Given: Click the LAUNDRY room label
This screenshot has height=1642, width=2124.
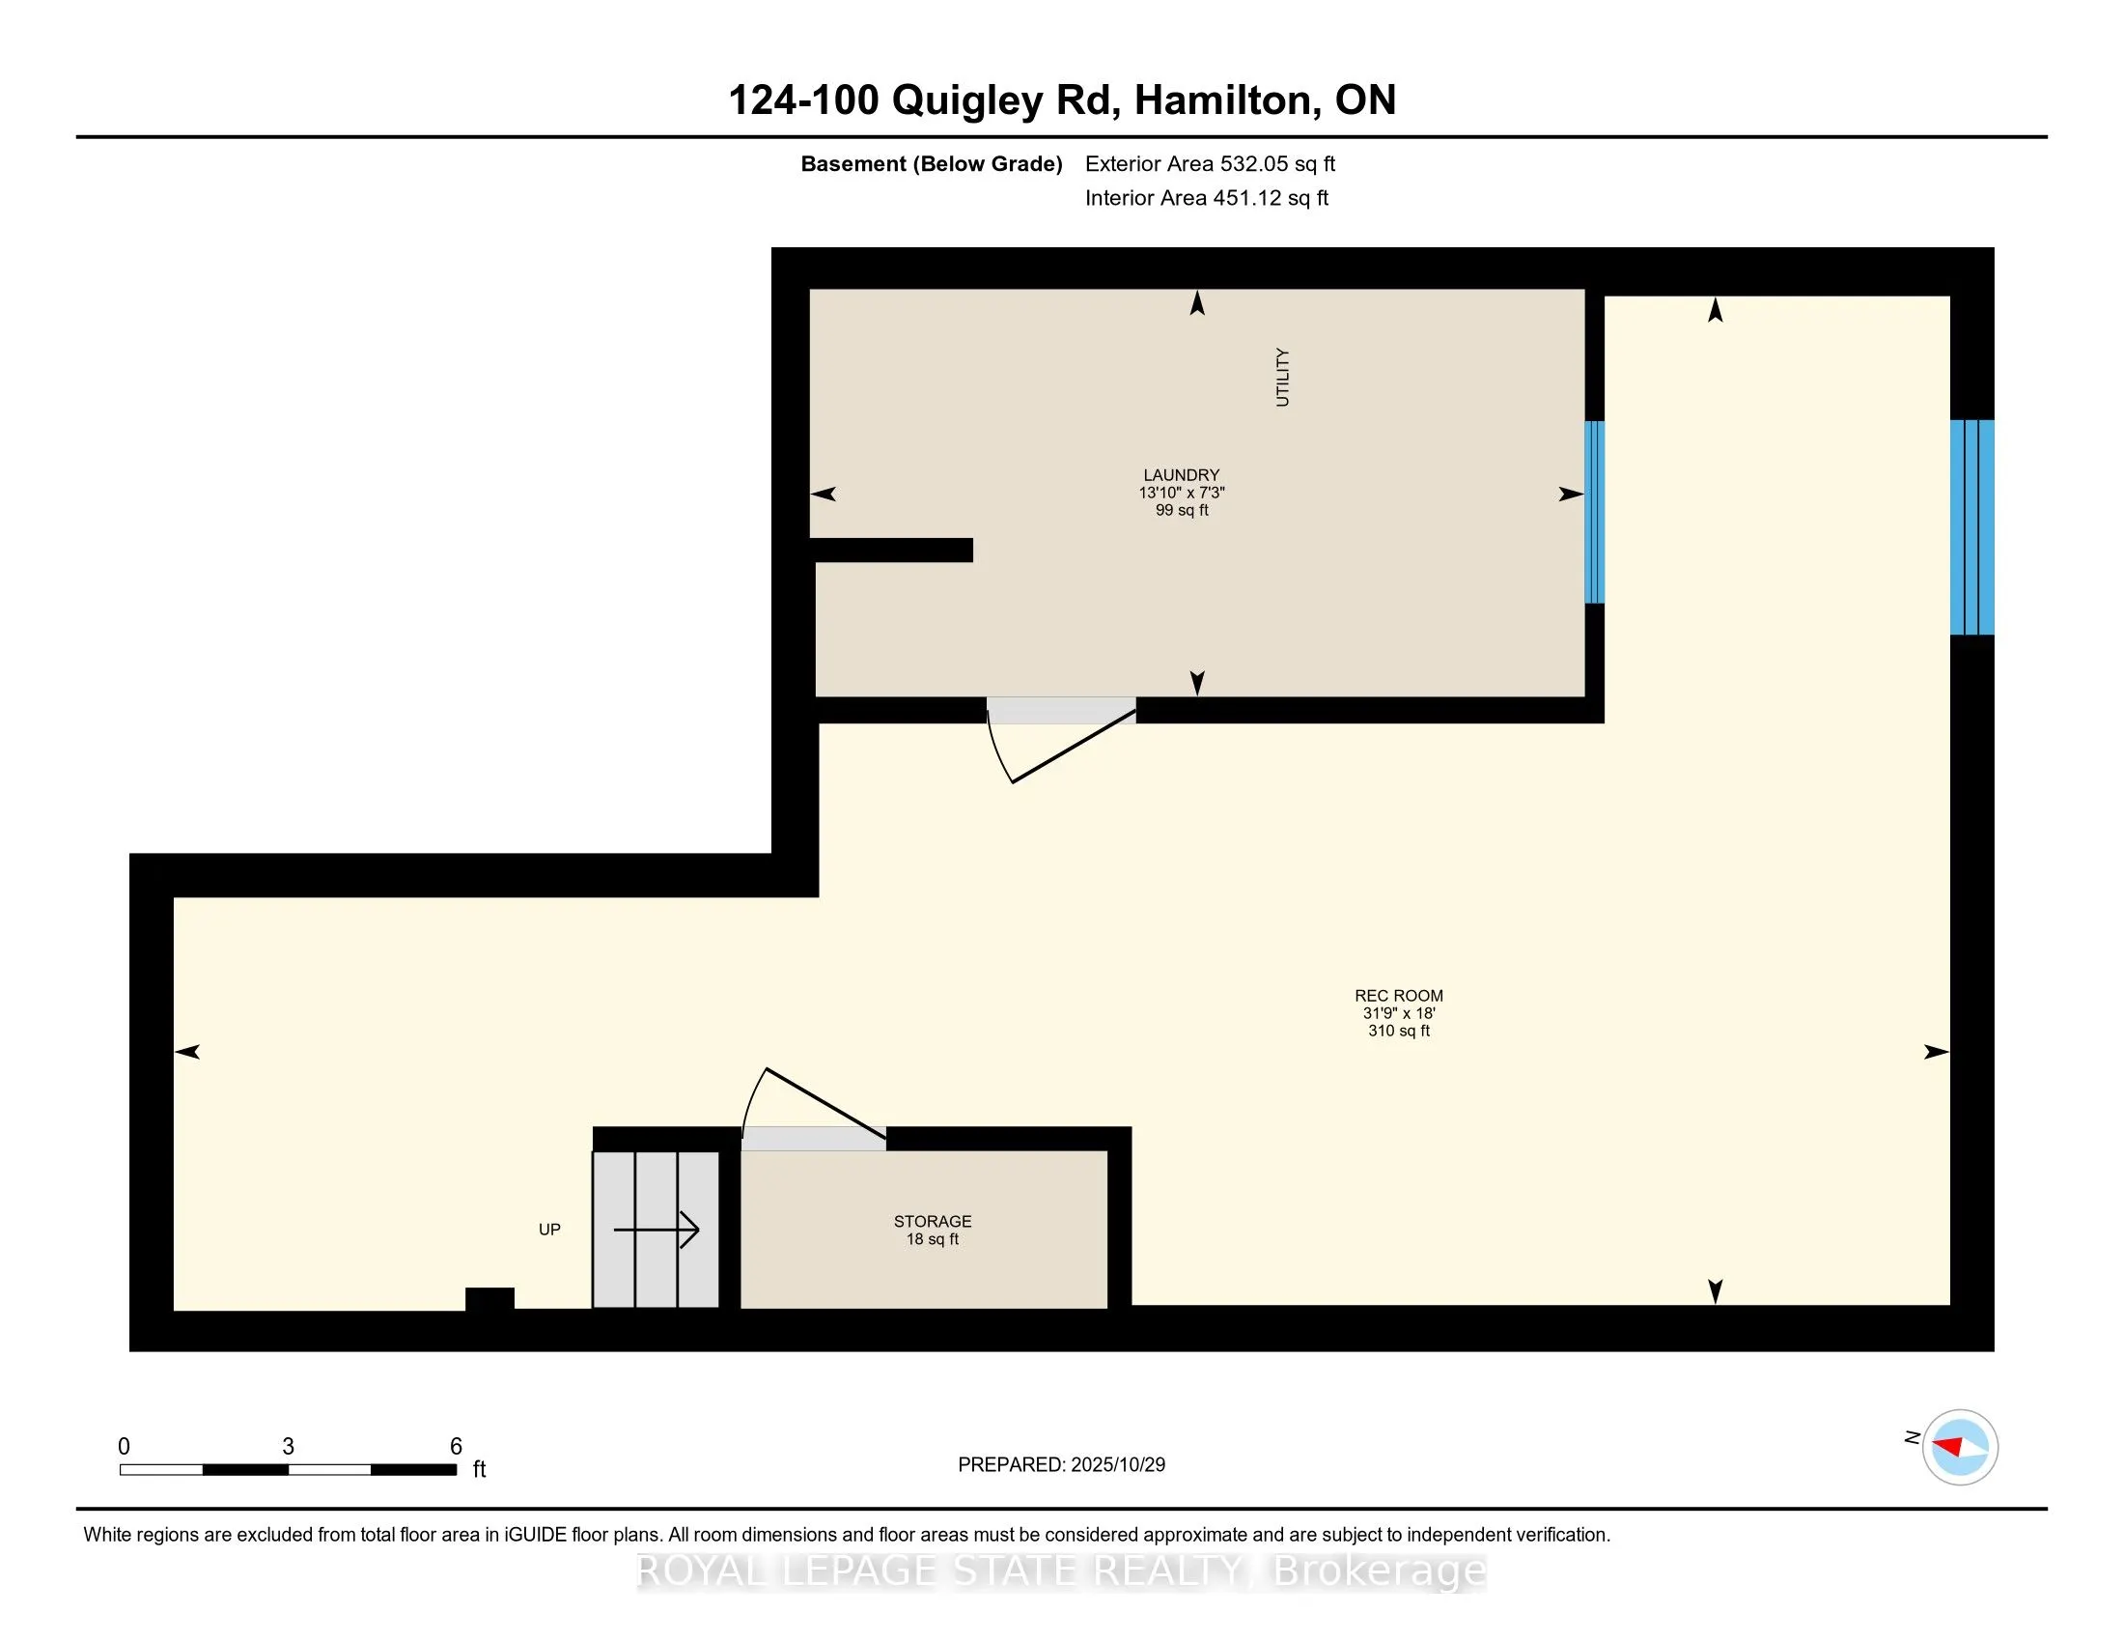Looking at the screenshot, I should coord(1181,475).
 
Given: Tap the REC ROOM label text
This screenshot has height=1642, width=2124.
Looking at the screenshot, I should coord(1399,996).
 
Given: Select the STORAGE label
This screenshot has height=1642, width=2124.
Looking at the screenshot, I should coord(932,1222).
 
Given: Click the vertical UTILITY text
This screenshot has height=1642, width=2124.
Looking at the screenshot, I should coord(1282,378).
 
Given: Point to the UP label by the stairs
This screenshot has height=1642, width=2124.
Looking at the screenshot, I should coord(549,1230).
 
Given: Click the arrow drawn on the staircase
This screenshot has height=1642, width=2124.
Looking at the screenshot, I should coord(657,1230).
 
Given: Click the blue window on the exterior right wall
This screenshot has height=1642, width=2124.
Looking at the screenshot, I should coord(1971,527).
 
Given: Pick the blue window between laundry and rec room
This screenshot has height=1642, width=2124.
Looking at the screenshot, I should coord(1594,513).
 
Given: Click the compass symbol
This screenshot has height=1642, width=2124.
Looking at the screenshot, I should coord(1959,1447).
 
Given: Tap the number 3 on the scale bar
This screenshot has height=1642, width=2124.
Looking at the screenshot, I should coord(288,1447).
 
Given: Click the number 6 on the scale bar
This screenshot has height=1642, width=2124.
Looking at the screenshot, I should coord(455,1447).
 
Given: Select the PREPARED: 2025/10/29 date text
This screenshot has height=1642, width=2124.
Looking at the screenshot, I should coord(1061,1465).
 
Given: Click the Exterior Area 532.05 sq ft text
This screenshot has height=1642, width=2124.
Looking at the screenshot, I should coord(1210,164).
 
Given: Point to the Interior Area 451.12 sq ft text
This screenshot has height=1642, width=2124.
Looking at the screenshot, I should coord(1206,198).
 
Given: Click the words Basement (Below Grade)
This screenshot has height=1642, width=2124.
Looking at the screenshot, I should coord(931,164).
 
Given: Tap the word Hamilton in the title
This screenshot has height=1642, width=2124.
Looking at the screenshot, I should coord(1221,100).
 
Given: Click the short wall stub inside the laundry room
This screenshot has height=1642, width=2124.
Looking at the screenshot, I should coord(892,551).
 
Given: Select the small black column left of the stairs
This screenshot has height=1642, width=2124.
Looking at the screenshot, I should coord(489,1299).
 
